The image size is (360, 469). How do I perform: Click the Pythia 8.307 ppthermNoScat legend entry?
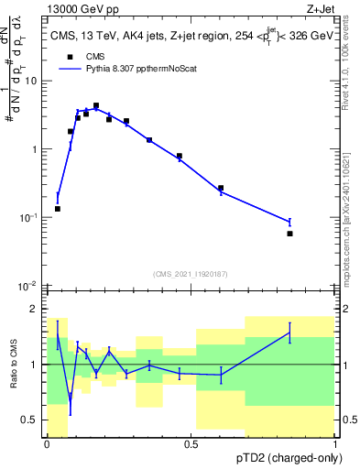coord(128,68)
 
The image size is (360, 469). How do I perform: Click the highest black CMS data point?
coord(95,106)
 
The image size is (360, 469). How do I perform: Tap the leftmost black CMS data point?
coord(58,209)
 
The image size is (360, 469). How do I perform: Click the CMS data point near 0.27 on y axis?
coord(221,188)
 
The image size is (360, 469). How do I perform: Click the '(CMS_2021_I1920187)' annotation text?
coord(191,274)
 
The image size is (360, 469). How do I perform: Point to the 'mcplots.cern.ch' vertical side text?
coord(346,220)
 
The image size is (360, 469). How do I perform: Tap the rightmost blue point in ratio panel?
coord(289,333)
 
